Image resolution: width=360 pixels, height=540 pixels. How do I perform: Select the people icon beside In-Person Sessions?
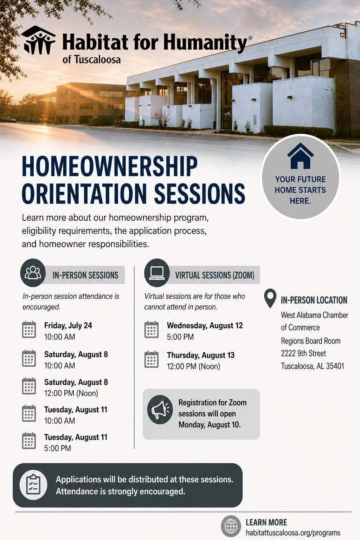pyautogui.click(x=33, y=273)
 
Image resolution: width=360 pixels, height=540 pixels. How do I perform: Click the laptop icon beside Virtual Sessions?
pyautogui.click(x=157, y=273)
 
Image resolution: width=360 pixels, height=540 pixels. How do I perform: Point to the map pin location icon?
pyautogui.click(x=270, y=298)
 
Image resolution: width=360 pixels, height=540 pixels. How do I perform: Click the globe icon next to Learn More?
pyautogui.click(x=231, y=526)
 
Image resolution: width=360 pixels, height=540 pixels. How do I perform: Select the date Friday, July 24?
pyautogui.click(x=68, y=326)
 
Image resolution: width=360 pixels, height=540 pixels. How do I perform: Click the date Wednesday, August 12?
pyautogui.click(x=205, y=326)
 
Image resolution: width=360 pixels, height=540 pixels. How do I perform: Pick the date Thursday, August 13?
pyautogui.click(x=201, y=355)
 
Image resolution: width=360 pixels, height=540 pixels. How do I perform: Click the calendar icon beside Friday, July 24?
pyautogui.click(x=29, y=329)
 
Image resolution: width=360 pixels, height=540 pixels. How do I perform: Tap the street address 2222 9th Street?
pyautogui.click(x=303, y=353)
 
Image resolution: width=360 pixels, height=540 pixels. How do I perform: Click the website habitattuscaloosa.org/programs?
pyautogui.click(x=293, y=533)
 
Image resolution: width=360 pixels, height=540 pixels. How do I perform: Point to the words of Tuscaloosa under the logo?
pyautogui.click(x=92, y=59)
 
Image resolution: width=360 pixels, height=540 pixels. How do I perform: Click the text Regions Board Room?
pyautogui.click(x=310, y=341)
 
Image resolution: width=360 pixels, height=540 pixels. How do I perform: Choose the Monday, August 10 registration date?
pyautogui.click(x=210, y=425)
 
